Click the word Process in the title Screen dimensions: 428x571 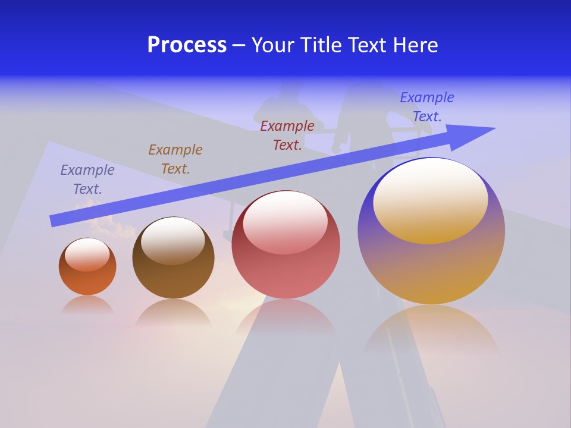click(187, 45)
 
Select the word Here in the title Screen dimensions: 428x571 click(414, 45)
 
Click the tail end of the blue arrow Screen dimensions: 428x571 click(54, 221)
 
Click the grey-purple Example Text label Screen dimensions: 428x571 click(87, 180)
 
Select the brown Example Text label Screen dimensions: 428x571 click(175, 159)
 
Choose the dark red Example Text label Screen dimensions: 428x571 click(287, 136)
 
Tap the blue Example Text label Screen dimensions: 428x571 click(427, 107)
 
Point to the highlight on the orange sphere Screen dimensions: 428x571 click(87, 254)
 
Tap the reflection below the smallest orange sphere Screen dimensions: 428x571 click(87, 306)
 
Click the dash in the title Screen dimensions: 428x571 click(239, 46)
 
